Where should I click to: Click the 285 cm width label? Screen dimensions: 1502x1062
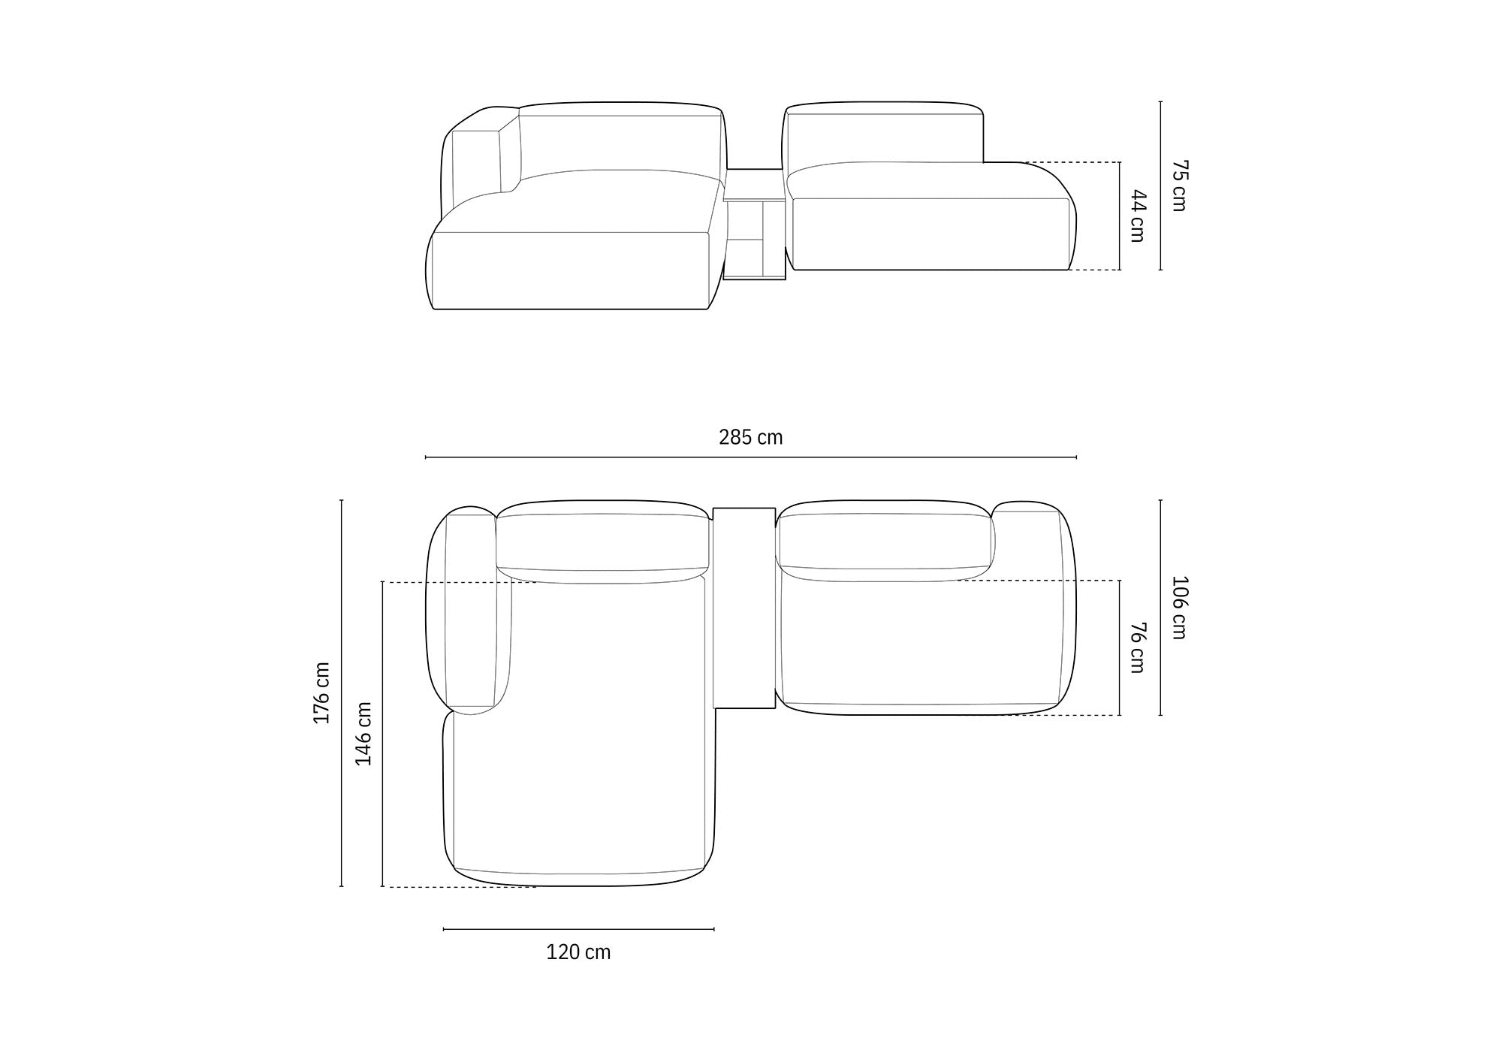click(750, 437)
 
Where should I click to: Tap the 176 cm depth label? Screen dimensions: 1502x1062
click(321, 692)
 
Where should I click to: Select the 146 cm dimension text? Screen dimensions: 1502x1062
click(363, 734)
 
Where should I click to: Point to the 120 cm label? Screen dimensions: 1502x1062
click(578, 952)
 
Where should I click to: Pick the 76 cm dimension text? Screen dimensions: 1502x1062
click(1137, 647)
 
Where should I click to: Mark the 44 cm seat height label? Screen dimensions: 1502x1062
click(1137, 216)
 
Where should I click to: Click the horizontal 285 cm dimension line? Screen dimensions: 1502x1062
click(751, 457)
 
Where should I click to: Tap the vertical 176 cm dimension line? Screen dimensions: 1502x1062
click(342, 693)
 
